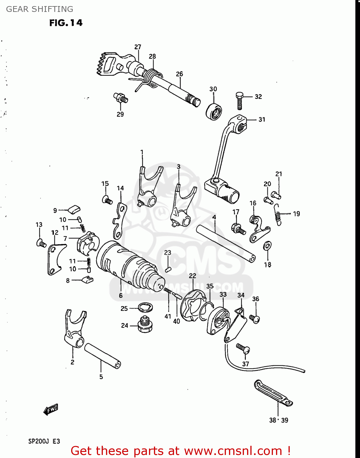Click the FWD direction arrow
click(51, 409)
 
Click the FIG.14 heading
click(66, 23)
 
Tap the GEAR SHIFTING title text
click(40, 9)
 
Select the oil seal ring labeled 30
click(214, 111)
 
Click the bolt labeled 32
click(239, 101)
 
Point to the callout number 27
click(138, 47)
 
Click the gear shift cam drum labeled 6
click(128, 264)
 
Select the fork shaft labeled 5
click(102, 356)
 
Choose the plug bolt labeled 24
click(145, 325)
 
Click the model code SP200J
click(38, 441)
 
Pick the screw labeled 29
click(121, 97)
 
